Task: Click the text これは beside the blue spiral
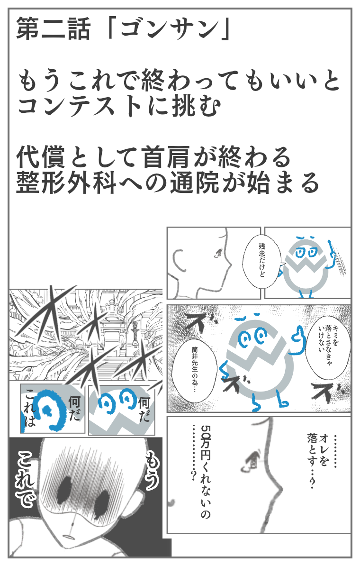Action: coord(30,408)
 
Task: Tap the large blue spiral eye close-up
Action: coord(50,409)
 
